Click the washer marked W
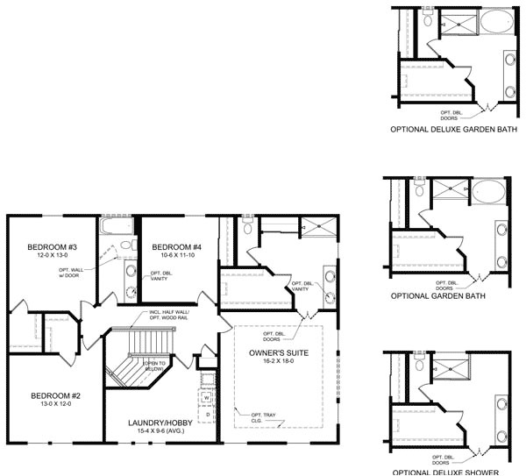207,398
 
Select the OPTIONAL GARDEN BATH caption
437,296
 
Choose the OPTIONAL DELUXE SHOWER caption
445,472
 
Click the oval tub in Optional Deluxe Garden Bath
497,24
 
